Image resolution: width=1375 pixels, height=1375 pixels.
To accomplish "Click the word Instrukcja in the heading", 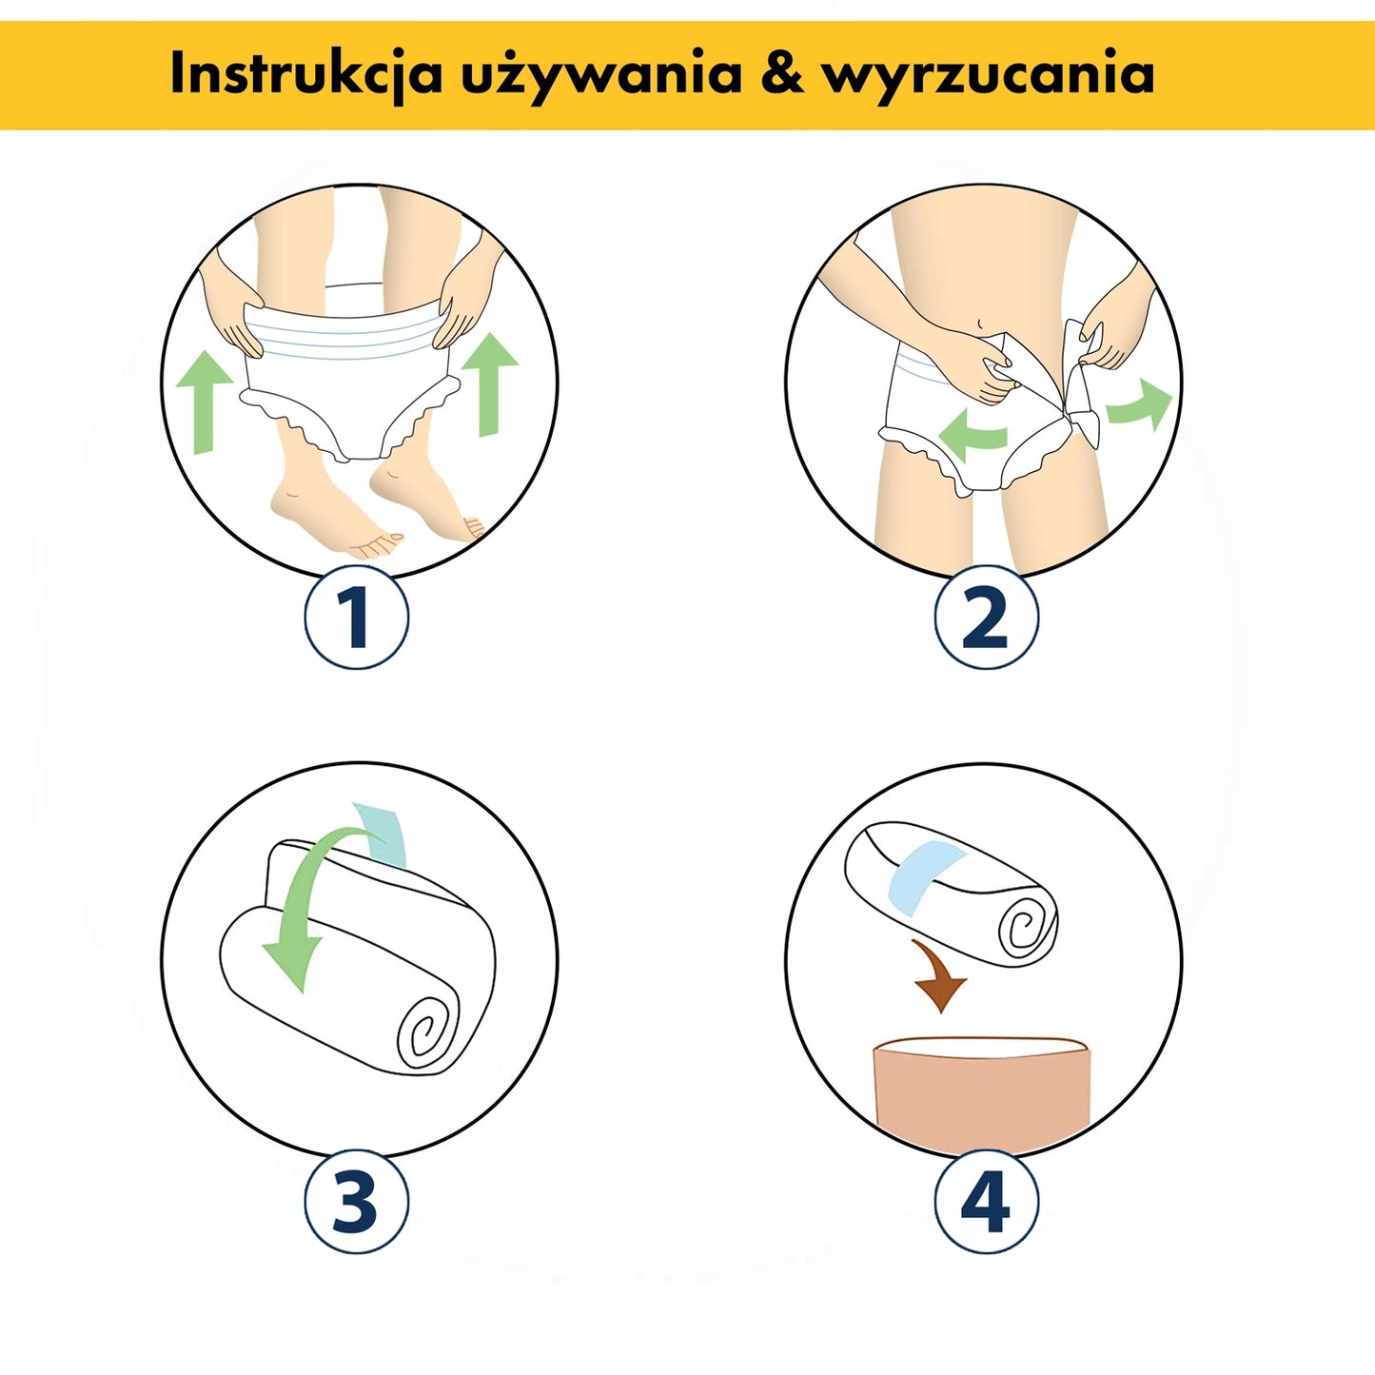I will (305, 74).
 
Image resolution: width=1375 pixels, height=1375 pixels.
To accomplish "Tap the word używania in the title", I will (601, 74).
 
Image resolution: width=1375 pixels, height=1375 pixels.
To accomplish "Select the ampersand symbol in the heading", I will (782, 74).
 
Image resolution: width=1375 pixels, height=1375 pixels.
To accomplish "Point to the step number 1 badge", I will (357, 618).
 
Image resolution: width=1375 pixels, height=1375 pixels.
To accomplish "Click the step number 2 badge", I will (986, 618).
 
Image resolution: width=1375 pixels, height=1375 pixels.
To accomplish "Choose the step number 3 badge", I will (357, 1202).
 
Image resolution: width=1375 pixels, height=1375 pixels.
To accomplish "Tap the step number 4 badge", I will (986, 1202).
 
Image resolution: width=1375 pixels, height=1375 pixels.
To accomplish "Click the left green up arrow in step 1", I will (204, 400).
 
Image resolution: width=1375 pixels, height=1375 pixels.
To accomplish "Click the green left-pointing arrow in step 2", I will (971, 436).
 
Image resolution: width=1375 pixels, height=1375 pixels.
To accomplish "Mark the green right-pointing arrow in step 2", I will (1140, 404).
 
